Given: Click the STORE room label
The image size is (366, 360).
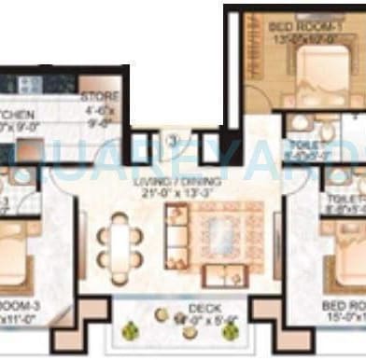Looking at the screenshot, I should click(96, 95).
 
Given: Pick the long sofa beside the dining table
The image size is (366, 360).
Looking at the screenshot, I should click(174, 237).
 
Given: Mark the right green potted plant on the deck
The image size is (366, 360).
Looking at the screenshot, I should click(259, 330).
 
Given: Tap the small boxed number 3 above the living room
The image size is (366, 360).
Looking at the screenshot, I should click(173, 141).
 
